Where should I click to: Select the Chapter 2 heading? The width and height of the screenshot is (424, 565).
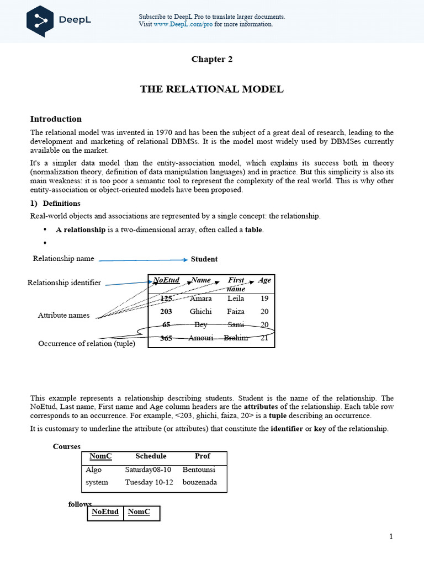coord(212,60)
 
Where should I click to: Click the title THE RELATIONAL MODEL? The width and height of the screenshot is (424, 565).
coord(212,89)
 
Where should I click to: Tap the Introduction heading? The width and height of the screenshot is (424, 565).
coord(56,119)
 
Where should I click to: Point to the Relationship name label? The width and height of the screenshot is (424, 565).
coord(63,258)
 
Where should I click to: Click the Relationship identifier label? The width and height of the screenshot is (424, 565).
coord(64,282)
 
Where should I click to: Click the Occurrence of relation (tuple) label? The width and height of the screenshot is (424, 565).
coord(87,343)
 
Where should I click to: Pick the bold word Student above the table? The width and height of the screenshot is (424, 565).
coord(204,259)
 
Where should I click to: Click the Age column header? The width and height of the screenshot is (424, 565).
coord(264,280)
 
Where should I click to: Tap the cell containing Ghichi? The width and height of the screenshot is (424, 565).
coord(200,311)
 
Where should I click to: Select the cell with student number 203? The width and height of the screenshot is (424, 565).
coord(166,311)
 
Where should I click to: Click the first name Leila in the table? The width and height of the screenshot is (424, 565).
coord(236,299)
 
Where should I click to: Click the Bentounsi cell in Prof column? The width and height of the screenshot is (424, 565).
coord(199,470)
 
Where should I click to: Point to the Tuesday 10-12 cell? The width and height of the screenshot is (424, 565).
coord(149,482)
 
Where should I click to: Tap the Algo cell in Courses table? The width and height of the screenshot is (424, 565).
coord(94,470)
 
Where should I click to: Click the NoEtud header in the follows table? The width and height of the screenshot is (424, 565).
coord(105,512)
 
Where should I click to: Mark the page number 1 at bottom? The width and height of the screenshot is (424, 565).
coord(391,536)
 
